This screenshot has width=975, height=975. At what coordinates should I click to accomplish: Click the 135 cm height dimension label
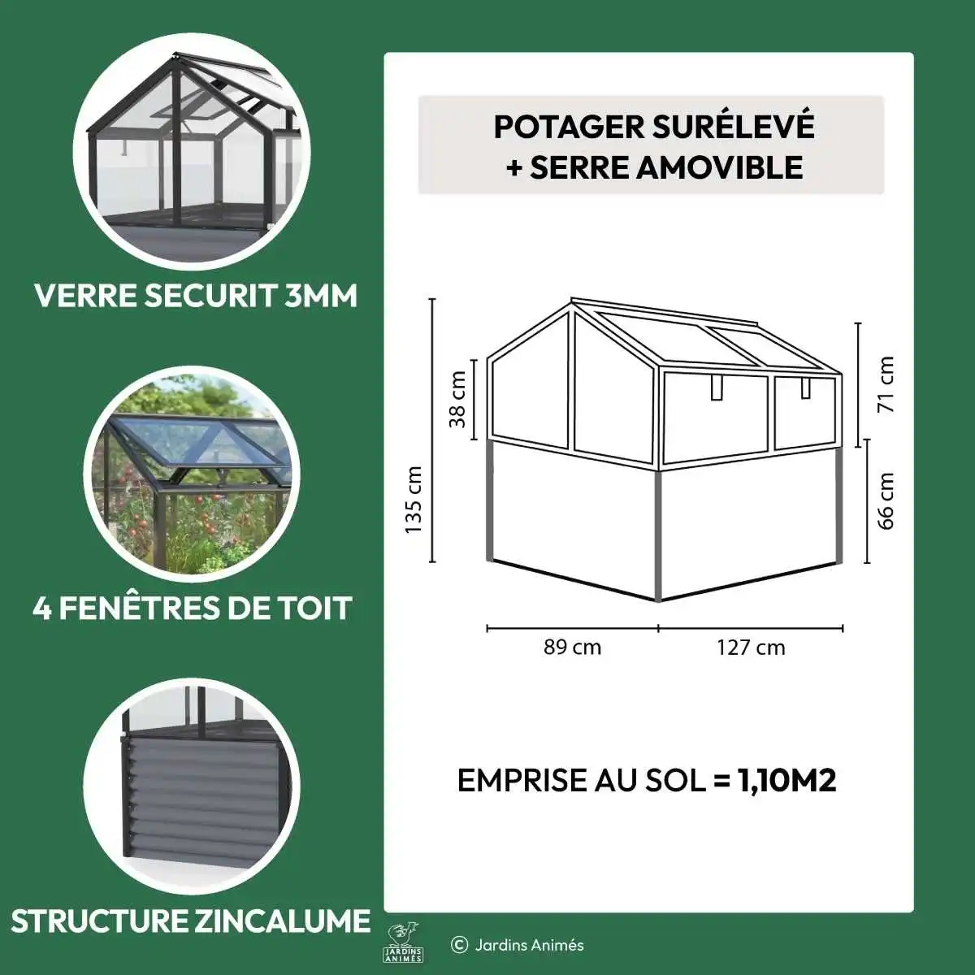coord(414,499)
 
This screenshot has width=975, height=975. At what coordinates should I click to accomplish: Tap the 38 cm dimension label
coord(457,399)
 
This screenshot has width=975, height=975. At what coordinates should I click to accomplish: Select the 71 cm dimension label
coord(886,384)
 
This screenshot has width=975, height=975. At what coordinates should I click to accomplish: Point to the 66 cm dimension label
coord(886,501)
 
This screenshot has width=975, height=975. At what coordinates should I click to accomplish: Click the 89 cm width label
coord(572,647)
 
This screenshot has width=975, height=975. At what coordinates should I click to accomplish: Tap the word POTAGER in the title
coord(568,127)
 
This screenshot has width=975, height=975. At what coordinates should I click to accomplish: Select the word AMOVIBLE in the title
coord(720,167)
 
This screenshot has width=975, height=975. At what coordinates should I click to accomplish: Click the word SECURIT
coord(210,296)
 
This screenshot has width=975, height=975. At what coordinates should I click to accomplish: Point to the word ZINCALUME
coord(282,921)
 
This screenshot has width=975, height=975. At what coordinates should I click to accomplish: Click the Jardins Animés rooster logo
coord(403,942)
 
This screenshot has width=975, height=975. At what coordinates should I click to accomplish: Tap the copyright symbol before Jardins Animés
coord(459,945)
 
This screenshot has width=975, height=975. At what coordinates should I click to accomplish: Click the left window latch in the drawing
coord(717,387)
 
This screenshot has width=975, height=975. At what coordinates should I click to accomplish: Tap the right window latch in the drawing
coord(805,387)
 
